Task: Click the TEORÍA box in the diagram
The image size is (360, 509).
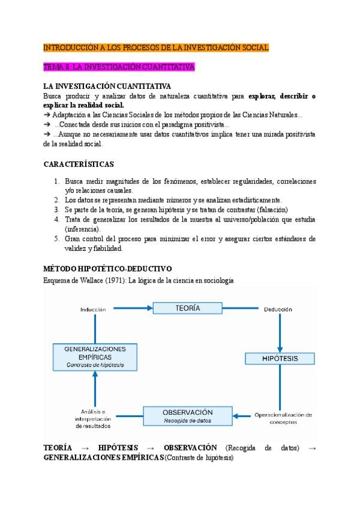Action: click(x=188, y=308)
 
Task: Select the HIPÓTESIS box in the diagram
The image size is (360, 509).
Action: click(x=280, y=358)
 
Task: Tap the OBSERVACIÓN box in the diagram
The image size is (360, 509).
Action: click(x=187, y=415)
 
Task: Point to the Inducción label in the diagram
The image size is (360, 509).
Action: click(x=93, y=310)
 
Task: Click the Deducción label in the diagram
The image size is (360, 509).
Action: click(x=278, y=310)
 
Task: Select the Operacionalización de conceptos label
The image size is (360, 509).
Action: click(x=283, y=418)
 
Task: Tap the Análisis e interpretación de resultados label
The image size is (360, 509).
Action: click(x=92, y=418)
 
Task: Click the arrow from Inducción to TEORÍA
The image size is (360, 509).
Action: click(x=131, y=309)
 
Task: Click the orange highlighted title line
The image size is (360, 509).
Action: click(x=156, y=47)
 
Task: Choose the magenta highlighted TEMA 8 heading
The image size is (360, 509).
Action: click(x=119, y=67)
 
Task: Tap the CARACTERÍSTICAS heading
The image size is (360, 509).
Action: click(x=79, y=164)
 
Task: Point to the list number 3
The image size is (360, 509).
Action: click(x=56, y=209)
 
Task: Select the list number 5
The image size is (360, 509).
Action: click(x=56, y=238)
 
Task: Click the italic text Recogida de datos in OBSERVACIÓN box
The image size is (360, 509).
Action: click(x=187, y=420)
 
